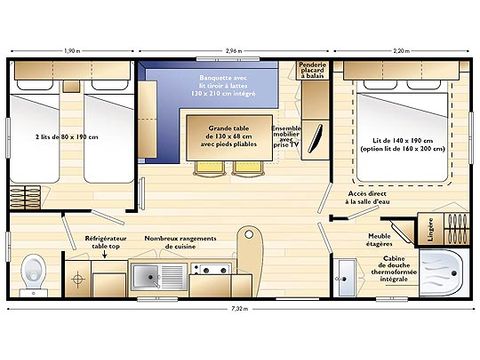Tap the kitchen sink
click(x=160, y=273)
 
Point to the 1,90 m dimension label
click(x=73, y=49)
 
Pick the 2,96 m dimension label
click(x=233, y=49)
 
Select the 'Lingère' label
click(x=424, y=230)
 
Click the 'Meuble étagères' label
click(x=380, y=240)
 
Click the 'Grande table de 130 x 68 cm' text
click(x=229, y=132)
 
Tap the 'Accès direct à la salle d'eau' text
click(x=371, y=198)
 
